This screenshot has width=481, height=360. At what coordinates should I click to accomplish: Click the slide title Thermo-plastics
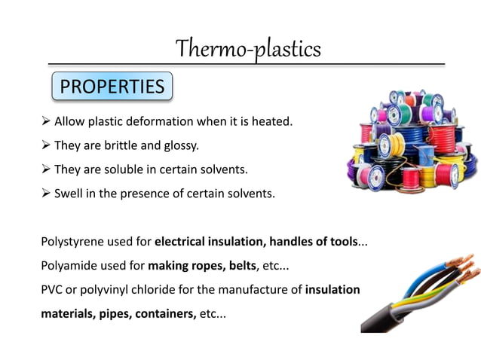[248, 49]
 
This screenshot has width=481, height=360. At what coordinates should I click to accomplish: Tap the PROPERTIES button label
[112, 87]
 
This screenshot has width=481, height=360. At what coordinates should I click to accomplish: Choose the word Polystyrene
[72, 243]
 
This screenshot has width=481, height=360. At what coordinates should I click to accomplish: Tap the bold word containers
[166, 314]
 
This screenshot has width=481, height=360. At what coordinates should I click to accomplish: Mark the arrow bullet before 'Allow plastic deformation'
[46, 121]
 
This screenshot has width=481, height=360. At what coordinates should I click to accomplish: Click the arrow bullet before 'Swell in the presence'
[46, 194]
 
